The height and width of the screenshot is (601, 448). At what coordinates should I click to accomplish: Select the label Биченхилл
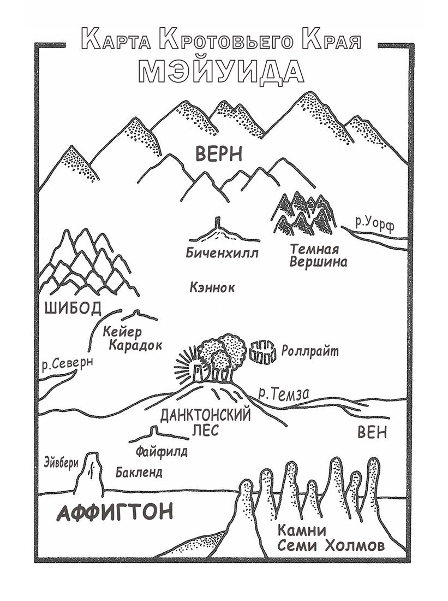221,253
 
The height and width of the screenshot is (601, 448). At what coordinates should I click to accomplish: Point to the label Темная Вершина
318,255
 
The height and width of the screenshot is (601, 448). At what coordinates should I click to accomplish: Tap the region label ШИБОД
71,308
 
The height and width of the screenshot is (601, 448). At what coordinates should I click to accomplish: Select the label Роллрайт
312,351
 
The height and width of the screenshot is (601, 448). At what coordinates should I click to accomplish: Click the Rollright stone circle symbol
263,352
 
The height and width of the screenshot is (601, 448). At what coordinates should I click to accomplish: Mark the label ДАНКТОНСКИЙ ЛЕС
205,422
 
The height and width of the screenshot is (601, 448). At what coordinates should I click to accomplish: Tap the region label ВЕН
372,432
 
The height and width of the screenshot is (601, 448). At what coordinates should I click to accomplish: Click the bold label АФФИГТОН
115,512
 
